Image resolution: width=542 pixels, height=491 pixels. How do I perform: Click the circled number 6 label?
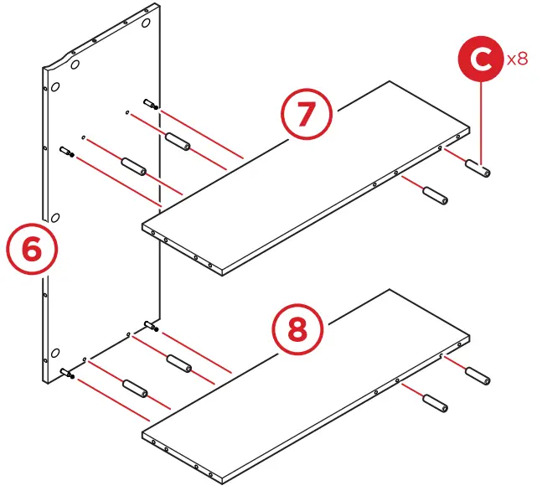pyautogui.click(x=31, y=251)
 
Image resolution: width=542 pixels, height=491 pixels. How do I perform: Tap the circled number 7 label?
pyautogui.click(x=307, y=115)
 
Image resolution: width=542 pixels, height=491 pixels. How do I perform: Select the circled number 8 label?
pyautogui.click(x=297, y=330)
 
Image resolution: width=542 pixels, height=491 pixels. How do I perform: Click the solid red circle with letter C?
pyautogui.click(x=480, y=61)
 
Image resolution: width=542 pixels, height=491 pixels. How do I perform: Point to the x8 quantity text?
pyautogui.click(x=517, y=59)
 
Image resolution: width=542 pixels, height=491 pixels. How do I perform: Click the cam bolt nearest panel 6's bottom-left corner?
pyautogui.click(x=68, y=375)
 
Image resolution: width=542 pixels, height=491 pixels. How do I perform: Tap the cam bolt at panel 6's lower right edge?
pyautogui.click(x=151, y=326)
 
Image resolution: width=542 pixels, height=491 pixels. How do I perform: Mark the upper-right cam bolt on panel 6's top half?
pyautogui.click(x=151, y=105)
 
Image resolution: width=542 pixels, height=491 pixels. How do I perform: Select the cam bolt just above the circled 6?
pyautogui.click(x=67, y=152)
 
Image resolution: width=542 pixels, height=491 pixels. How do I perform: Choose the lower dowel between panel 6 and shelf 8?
pyautogui.click(x=134, y=389)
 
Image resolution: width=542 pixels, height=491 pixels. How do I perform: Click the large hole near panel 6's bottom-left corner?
pyautogui.click(x=54, y=352)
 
